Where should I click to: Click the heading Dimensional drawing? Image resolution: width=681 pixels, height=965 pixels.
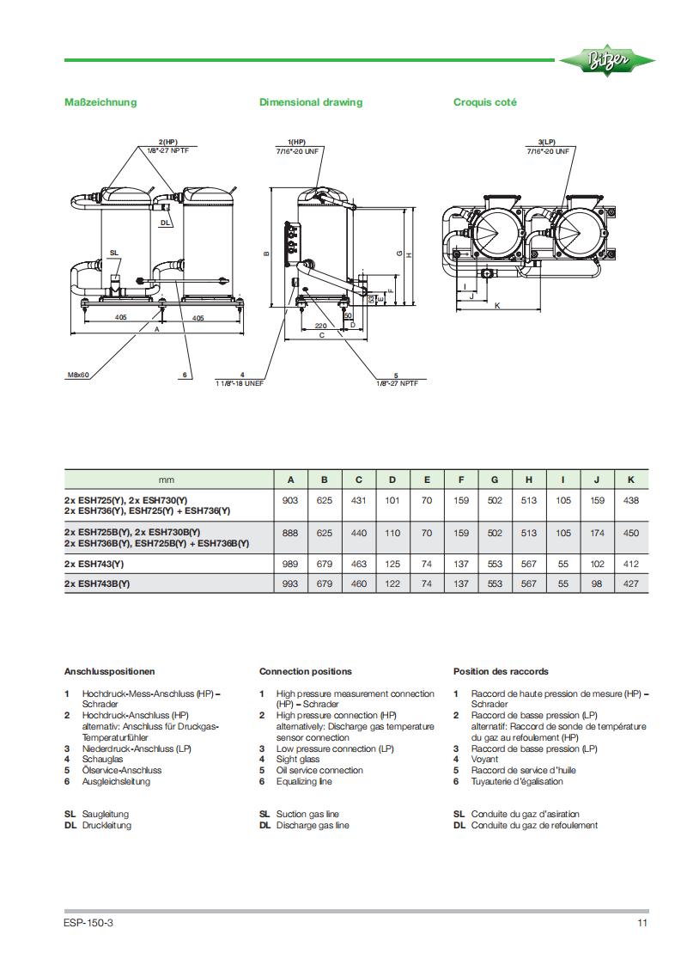coord(311,102)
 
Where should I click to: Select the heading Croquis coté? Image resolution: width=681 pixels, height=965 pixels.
coord(484,102)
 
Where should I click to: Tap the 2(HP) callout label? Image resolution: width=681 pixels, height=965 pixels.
coord(167,141)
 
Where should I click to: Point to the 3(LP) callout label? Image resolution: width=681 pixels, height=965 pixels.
coord(546,141)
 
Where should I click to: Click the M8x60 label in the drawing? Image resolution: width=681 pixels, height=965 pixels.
coord(78,375)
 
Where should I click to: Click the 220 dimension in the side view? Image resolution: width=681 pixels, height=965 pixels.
coord(319,327)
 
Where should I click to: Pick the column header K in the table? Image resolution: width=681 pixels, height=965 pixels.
coord(631,479)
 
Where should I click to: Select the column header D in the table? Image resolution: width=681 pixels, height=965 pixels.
coord(392,479)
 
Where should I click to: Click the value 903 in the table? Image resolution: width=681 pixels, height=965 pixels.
coord(290,500)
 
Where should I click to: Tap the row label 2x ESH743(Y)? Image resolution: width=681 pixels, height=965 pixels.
coord(94,564)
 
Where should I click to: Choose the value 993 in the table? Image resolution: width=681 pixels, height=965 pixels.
coord(290,584)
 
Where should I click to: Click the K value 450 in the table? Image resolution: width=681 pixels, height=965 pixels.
coord(631,533)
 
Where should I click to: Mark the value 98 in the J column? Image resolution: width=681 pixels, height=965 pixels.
coord(597,584)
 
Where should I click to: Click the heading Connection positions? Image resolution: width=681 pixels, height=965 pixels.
coord(305,671)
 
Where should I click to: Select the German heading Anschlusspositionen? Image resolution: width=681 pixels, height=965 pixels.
coord(109,671)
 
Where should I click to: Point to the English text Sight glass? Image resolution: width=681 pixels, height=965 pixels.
coord(297,760)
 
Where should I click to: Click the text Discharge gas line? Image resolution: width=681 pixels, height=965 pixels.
coord(313,825)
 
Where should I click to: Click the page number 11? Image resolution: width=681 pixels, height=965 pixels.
coord(641,924)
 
